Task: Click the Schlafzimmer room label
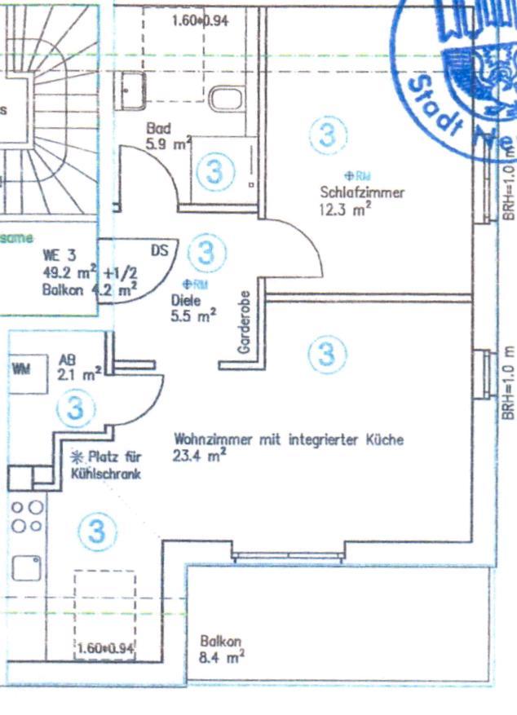pyautogui.click(x=363, y=192)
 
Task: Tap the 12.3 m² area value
pyautogui.click(x=346, y=208)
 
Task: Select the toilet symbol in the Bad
pyautogui.click(x=224, y=99)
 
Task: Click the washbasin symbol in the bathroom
pyautogui.click(x=133, y=87)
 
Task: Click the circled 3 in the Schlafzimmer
pyautogui.click(x=329, y=135)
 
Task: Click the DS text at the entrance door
pyautogui.click(x=160, y=251)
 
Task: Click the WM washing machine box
pyautogui.click(x=21, y=369)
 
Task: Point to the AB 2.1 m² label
pyautogui.click(x=79, y=367)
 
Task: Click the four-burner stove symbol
pyautogui.click(x=27, y=516)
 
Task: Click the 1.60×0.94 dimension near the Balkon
pyautogui.click(x=105, y=649)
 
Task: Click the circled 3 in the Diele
pyautogui.click(x=206, y=251)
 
